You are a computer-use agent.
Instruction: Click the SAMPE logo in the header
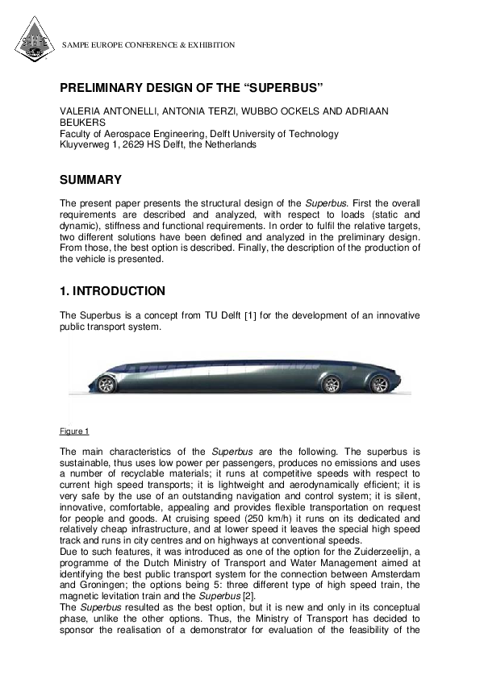coord(32,43)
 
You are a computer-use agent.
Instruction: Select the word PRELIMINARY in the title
coord(111,86)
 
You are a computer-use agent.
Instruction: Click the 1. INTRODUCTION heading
coord(113,291)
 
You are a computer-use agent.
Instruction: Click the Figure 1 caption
coord(75,431)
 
